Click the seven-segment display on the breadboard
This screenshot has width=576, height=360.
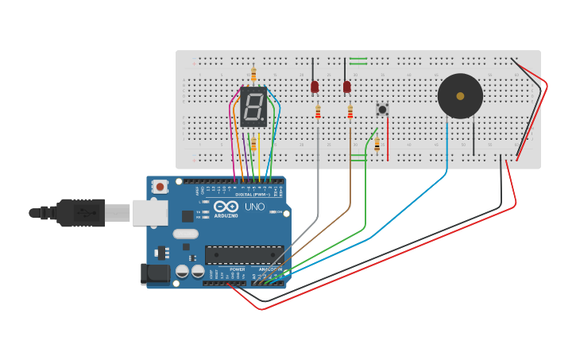(253, 107)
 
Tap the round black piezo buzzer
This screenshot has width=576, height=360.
(460, 96)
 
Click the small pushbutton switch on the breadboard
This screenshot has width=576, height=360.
(382, 109)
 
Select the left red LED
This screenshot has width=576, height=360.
(315, 87)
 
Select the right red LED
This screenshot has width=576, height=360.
(347, 87)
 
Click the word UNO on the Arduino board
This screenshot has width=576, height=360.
(254, 207)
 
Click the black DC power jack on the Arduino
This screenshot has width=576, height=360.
(156, 273)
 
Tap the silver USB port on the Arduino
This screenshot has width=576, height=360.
(150, 212)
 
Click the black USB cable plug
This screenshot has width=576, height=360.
(79, 212)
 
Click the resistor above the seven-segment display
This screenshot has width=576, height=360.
(253, 75)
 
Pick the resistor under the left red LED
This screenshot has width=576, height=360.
(318, 113)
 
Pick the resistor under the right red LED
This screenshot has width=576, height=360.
(350, 113)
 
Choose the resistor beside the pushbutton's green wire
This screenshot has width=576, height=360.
(377, 145)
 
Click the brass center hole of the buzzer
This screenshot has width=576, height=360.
(460, 96)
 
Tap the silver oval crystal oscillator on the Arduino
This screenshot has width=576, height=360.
(184, 234)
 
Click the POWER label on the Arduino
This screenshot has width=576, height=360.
(238, 269)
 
